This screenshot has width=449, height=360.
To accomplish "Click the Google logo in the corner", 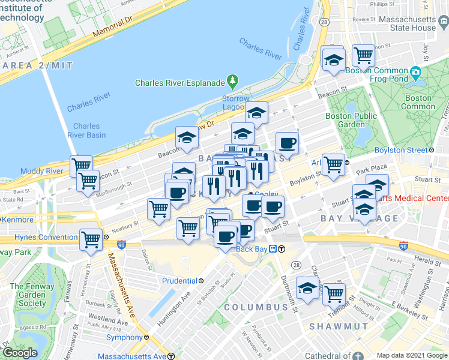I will point(20,352).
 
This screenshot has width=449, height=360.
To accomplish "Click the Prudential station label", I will point(179,280).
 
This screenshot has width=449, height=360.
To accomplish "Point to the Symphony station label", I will point(124,337).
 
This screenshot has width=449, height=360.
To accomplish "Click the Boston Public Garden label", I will point(351,120).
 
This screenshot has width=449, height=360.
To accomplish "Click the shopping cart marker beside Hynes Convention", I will point(91,239).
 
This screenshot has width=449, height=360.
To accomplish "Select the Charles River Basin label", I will point(89,130).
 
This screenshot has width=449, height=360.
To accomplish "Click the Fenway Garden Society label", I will point(31,295).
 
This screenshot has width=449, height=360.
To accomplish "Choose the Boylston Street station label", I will point(400,150).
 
